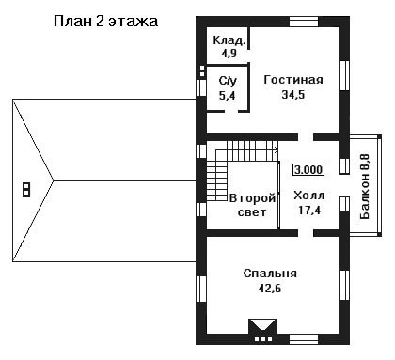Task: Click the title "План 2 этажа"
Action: tap(105, 22)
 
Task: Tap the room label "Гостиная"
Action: tap(293, 80)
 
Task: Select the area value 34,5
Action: tap(293, 94)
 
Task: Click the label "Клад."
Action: tap(229, 40)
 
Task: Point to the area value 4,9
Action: tap(229, 54)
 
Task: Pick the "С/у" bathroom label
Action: tap(228, 81)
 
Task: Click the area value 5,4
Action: tap(228, 95)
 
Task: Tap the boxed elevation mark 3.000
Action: tap(308, 170)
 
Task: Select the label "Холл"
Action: tap(309, 196)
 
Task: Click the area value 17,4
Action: tap(309, 211)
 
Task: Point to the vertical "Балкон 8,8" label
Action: tap(365, 187)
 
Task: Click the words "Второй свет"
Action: tap(252, 205)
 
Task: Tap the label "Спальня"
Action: tap(270, 274)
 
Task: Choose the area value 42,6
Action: tap(270, 288)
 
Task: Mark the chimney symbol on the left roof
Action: tap(26, 190)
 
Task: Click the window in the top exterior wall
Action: tap(304, 22)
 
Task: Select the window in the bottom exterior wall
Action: tap(304, 339)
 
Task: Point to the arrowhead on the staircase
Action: tap(276, 150)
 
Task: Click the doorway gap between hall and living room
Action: tap(306, 137)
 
